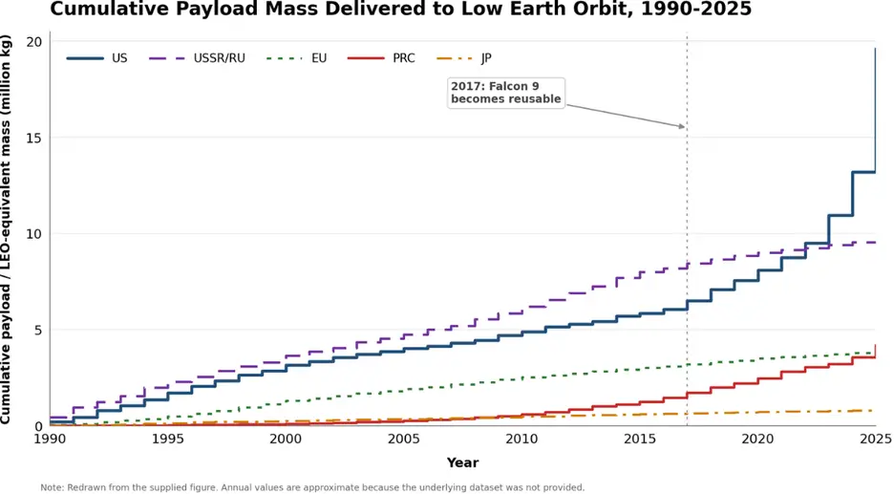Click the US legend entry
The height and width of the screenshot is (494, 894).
tap(96, 58)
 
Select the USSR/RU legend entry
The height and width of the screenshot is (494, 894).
tap(197, 58)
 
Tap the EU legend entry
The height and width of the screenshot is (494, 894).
tap(296, 58)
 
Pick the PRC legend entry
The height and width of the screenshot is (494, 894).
tap(381, 58)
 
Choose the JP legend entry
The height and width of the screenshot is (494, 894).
tap(463, 58)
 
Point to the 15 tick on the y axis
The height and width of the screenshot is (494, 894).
tap(34, 138)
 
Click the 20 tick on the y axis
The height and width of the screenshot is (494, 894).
tap(34, 42)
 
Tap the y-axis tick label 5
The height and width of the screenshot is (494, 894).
tap(38, 331)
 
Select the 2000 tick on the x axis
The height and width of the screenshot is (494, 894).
tap(286, 440)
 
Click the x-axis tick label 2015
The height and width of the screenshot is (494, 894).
tap(640, 440)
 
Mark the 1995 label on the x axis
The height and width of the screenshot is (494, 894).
tap(168, 440)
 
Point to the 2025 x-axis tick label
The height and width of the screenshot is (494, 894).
tap(876, 440)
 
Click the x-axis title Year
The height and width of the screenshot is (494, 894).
tap(462, 462)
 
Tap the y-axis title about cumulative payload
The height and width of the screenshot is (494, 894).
tap(6, 228)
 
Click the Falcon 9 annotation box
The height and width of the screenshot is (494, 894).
tap(506, 93)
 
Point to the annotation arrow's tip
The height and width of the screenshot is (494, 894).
tap(686, 127)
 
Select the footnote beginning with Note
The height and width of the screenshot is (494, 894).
tap(312, 487)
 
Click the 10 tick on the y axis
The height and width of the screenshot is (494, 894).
tap(34, 234)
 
